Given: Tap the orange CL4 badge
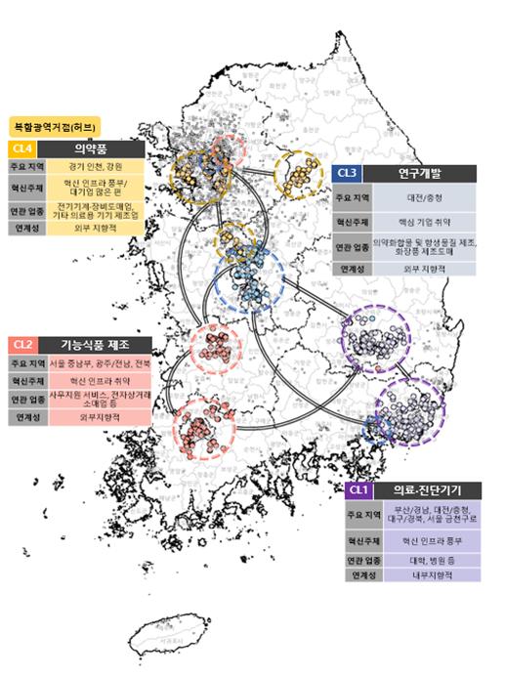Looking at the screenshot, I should pyautogui.click(x=22, y=148).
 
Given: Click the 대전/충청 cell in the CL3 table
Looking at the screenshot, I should pyautogui.click(x=424, y=196).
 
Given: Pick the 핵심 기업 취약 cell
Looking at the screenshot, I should pyautogui.click(x=424, y=222).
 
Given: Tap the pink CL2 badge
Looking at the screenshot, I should pyautogui.click(x=22, y=345).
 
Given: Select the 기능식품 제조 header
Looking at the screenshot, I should pyautogui.click(x=93, y=345).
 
